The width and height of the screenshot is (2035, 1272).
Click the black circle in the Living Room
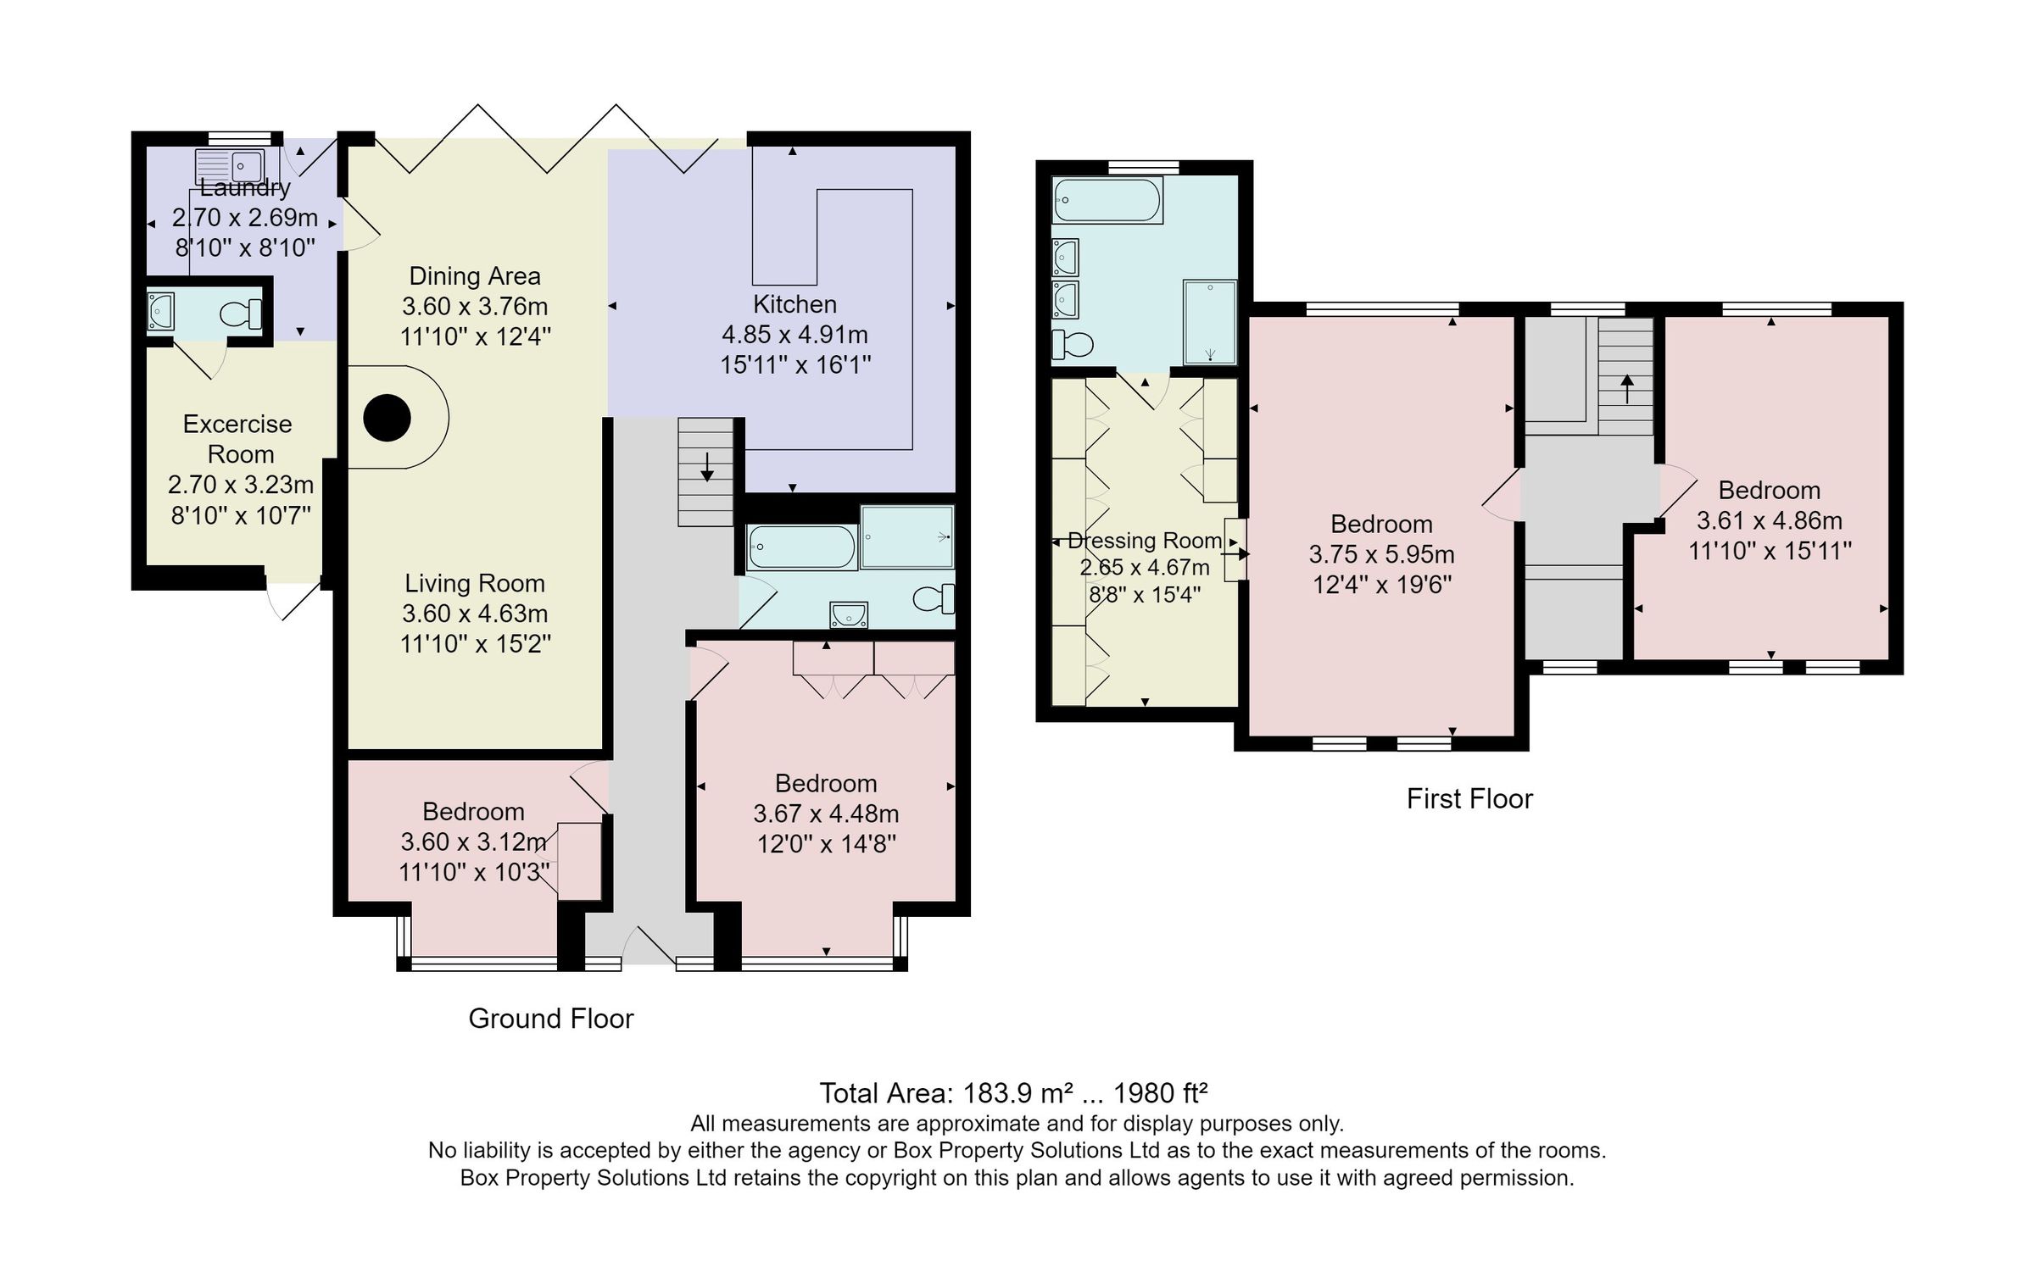click(387, 418)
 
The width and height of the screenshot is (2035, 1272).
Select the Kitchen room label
click(794, 304)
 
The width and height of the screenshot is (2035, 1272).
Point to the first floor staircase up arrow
click(1627, 389)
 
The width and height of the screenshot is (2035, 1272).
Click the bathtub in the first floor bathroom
click(1107, 200)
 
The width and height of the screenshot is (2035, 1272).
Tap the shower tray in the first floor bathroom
click(1210, 322)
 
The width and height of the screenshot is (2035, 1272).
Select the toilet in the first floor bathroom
click(1072, 344)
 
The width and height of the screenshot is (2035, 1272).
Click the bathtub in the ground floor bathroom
click(801, 547)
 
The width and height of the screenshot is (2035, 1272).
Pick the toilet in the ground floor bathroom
click(933, 598)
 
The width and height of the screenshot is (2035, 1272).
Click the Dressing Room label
click(1145, 540)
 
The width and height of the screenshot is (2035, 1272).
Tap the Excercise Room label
click(238, 438)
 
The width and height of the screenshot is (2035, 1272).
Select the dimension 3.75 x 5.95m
click(1381, 554)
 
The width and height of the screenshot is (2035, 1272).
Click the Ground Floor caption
click(551, 1018)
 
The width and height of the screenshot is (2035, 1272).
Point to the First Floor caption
click(1469, 798)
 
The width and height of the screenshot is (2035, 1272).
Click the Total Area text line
click(1013, 1093)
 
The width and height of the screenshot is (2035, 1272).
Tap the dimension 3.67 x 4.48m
click(826, 814)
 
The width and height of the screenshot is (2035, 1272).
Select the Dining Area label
click(475, 275)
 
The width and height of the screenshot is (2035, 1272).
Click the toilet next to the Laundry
click(241, 314)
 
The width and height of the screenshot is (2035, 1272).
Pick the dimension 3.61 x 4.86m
click(1769, 520)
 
